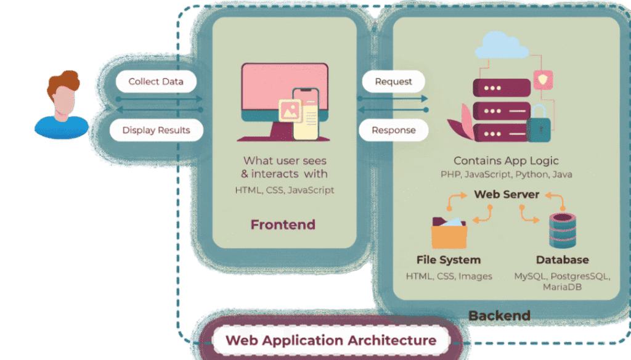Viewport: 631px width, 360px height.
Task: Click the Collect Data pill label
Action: coord(156,81)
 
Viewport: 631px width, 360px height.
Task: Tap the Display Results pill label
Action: coord(156,130)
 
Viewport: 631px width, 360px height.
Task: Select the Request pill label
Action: coord(393,81)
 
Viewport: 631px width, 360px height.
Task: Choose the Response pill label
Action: coord(393,130)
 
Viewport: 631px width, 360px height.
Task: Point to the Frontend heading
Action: coord(283,224)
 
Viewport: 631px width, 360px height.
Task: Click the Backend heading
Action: coord(499,316)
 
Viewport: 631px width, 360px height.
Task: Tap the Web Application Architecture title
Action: coord(330,340)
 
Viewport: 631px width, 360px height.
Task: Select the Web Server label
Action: coord(507,194)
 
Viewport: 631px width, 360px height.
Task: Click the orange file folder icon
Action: coord(449,232)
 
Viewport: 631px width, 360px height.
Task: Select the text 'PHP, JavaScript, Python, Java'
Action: coord(507,174)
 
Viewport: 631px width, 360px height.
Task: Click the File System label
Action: coord(449,260)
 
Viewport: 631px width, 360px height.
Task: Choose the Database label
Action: coord(562,260)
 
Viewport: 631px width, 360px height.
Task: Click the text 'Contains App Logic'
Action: coord(507,161)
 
